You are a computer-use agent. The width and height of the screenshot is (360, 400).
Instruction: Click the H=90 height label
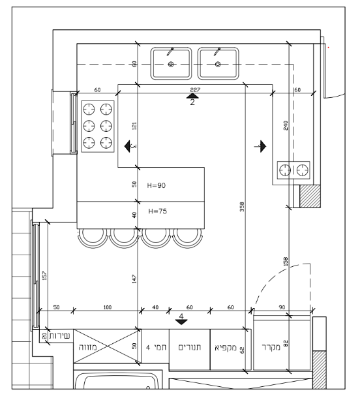click(157, 185)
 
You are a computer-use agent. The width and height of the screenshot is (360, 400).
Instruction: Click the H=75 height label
click(158, 211)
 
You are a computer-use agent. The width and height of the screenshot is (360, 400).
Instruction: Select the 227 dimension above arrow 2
click(195, 89)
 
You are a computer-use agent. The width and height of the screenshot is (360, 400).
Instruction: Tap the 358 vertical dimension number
click(242, 207)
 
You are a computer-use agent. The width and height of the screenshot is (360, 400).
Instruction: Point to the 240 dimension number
click(285, 125)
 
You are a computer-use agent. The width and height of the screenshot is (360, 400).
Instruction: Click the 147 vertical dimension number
click(134, 279)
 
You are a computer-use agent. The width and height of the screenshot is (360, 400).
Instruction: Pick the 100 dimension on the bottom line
click(108, 307)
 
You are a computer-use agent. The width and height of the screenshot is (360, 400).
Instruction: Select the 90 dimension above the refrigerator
click(282, 307)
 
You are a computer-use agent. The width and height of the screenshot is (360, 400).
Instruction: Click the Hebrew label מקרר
click(271, 347)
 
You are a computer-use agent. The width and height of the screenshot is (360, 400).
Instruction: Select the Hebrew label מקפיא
click(226, 347)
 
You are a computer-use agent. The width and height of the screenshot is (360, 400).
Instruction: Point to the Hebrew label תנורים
click(189, 347)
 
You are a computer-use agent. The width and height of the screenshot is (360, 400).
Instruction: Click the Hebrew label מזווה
click(87, 347)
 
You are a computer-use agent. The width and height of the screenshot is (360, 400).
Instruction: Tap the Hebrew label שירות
click(59, 335)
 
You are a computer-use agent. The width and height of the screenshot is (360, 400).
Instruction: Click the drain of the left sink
click(171, 65)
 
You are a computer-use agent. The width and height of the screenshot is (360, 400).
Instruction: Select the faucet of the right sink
click(217, 52)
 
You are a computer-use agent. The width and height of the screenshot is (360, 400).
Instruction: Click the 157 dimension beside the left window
click(44, 276)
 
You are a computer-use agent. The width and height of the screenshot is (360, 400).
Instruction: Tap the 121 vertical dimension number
click(134, 126)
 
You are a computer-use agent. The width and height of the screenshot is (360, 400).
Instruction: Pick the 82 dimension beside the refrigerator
click(286, 343)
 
